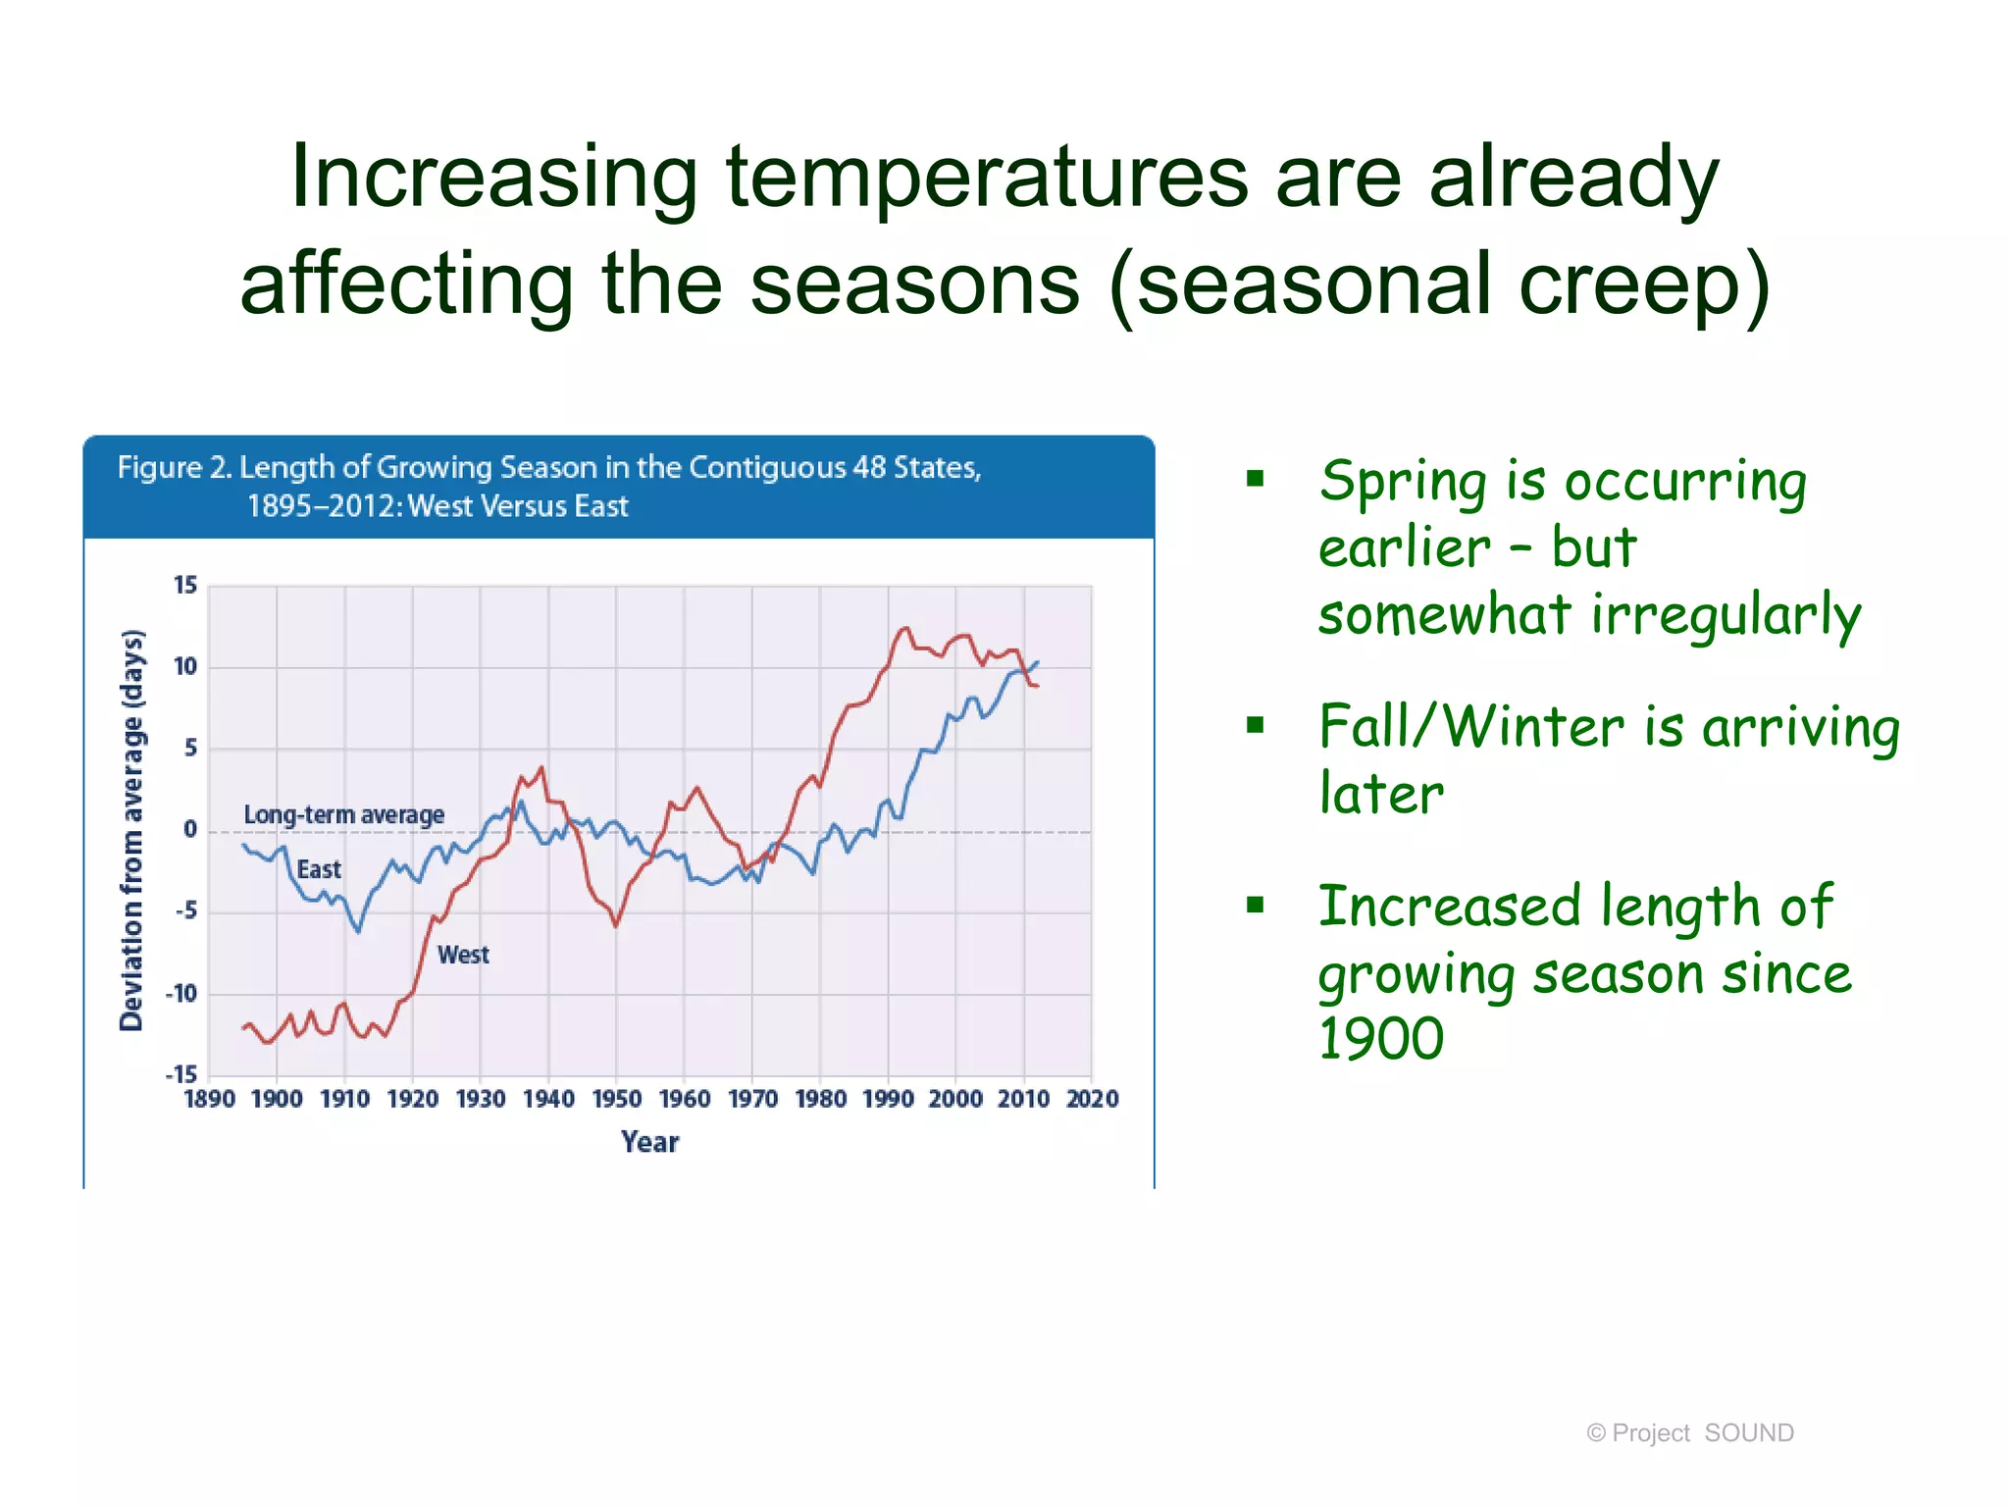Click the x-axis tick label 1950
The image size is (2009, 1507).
pyautogui.click(x=616, y=1099)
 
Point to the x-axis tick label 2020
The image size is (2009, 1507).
pyautogui.click(x=1092, y=1099)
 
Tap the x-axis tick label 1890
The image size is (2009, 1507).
pyautogui.click(x=209, y=1099)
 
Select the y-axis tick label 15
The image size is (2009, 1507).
pyautogui.click(x=185, y=586)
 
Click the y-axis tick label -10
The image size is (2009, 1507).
pyautogui.click(x=181, y=994)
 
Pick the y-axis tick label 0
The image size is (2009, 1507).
pyautogui.click(x=190, y=830)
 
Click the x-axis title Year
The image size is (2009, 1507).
pyautogui.click(x=649, y=1142)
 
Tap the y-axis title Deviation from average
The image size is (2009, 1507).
pyautogui.click(x=132, y=830)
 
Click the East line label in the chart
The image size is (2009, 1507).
pyautogui.click(x=319, y=870)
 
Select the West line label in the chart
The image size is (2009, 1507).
pyautogui.click(x=463, y=956)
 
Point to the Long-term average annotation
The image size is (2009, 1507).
pyautogui.click(x=343, y=815)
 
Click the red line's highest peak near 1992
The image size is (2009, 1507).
pyautogui.click(x=904, y=628)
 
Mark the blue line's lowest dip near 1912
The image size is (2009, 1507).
pyautogui.click(x=358, y=931)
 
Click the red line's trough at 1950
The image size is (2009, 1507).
pyautogui.click(x=616, y=925)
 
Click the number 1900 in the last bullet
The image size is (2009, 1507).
pyautogui.click(x=1381, y=1039)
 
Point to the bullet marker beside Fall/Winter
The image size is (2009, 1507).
pyautogui.click(x=1256, y=726)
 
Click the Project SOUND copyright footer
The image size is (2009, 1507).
pyautogui.click(x=1689, y=1433)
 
